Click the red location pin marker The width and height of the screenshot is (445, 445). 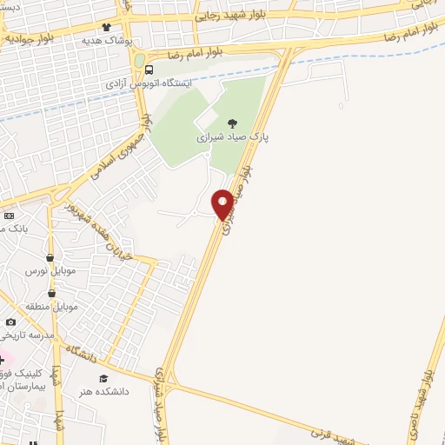[x=222, y=203]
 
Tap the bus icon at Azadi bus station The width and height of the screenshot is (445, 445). [x=149, y=70]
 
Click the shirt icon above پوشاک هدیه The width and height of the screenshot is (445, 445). [x=107, y=28]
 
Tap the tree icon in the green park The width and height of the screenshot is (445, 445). [x=231, y=124]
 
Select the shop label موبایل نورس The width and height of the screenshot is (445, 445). [x=51, y=270]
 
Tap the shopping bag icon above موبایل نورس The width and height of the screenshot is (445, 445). [x=50, y=257]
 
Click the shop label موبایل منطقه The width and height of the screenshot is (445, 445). [x=55, y=308]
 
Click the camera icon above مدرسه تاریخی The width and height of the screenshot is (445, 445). [x=10, y=322]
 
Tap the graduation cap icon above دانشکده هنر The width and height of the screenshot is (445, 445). [x=104, y=379]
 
